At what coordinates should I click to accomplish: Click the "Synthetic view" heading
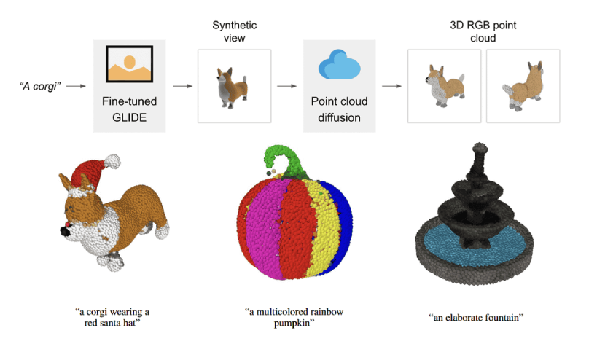coord(234,31)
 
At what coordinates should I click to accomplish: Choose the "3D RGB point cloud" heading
coord(483,31)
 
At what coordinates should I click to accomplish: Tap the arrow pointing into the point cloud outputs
coord(392,86)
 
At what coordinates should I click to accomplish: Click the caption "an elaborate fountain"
coord(477,318)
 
